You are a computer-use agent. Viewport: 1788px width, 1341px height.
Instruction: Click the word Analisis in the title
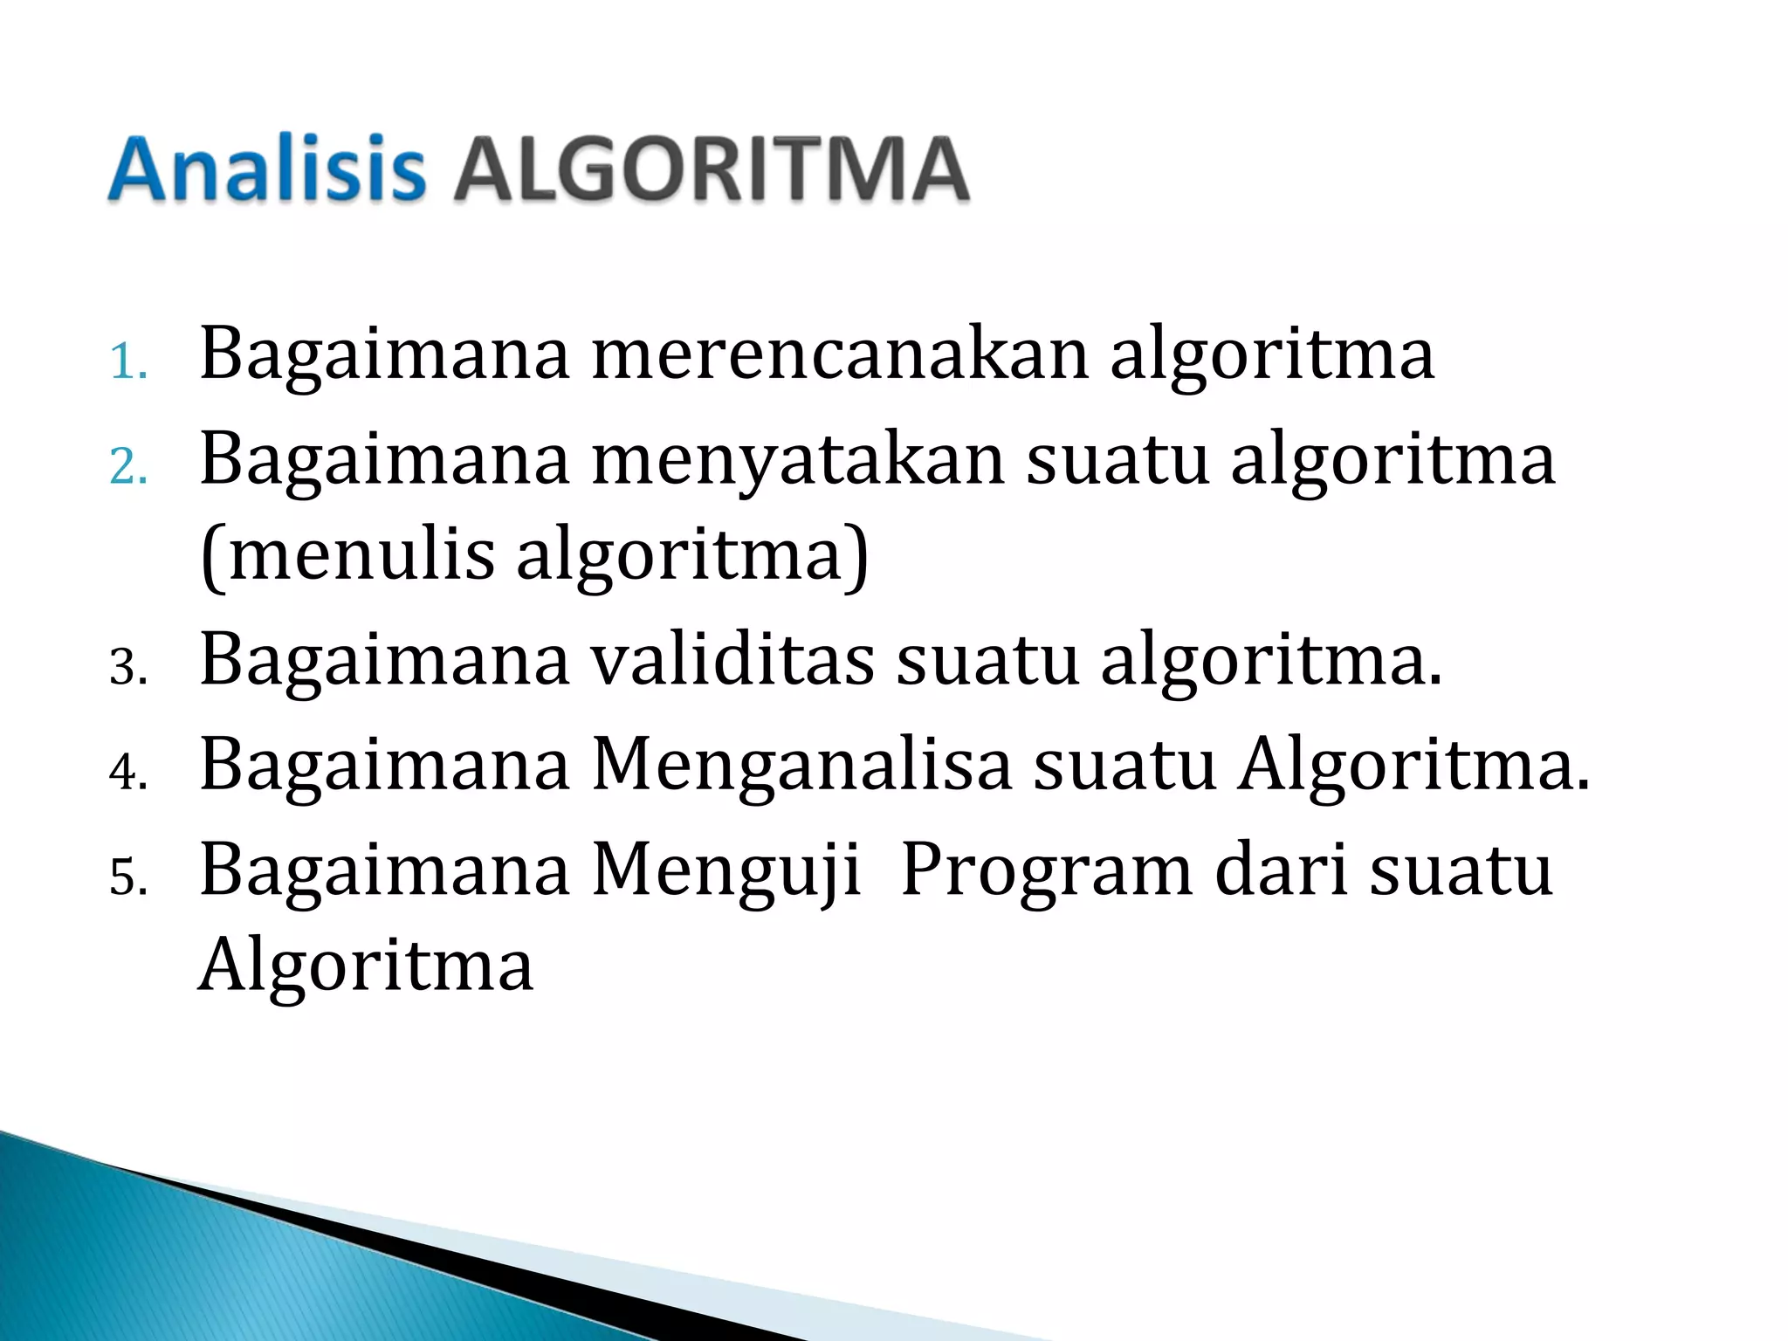(x=266, y=169)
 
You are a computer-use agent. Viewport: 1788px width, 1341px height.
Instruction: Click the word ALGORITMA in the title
(x=711, y=169)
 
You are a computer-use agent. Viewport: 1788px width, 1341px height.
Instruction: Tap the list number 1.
(x=127, y=362)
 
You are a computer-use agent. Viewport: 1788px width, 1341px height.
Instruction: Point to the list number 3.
(x=127, y=668)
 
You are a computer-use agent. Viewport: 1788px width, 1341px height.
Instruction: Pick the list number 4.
(x=127, y=773)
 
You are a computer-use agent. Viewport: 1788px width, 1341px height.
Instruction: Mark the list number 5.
(x=127, y=877)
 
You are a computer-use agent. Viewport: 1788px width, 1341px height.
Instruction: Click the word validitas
(x=733, y=659)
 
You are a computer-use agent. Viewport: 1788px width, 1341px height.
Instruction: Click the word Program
(x=1046, y=870)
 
